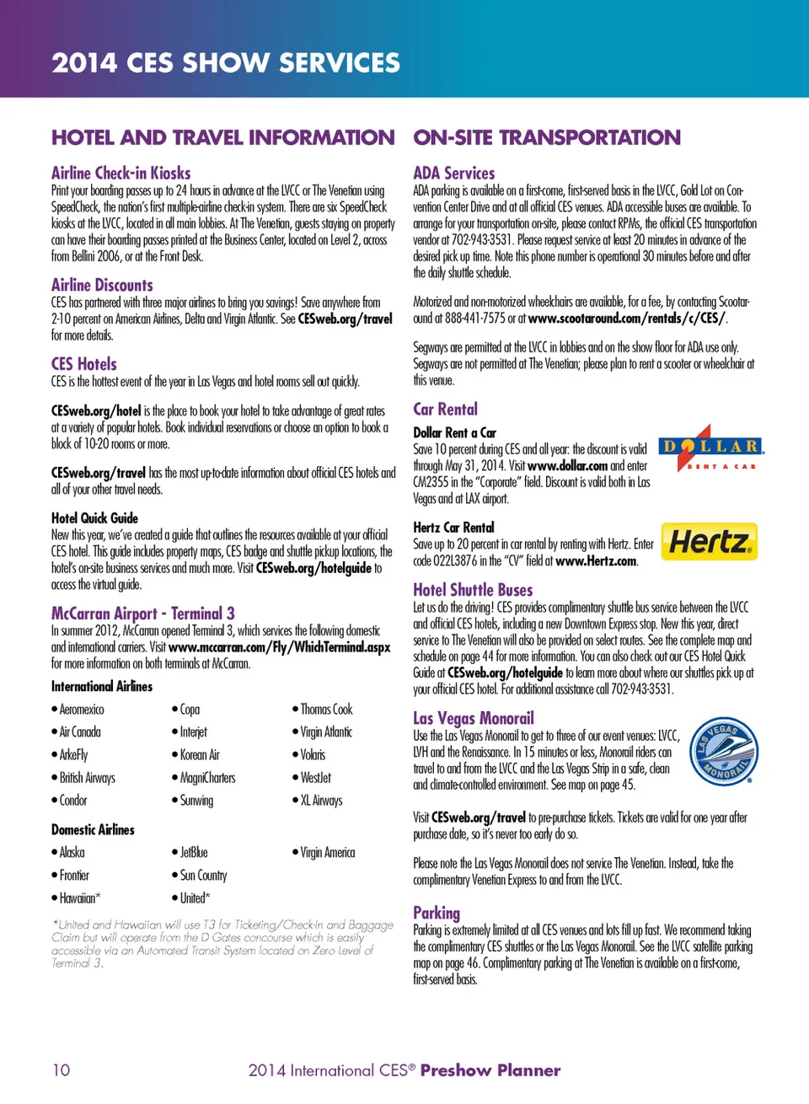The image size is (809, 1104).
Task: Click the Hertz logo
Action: [709, 542]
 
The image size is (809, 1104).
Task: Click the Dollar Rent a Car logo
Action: [710, 448]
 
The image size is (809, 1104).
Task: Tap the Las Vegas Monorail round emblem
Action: [724, 752]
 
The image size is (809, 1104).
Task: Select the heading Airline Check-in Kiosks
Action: [121, 173]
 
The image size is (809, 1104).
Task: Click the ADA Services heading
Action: [453, 173]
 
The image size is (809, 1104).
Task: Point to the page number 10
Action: [61, 1070]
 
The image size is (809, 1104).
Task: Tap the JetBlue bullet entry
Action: [193, 853]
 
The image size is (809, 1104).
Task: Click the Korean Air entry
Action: [199, 755]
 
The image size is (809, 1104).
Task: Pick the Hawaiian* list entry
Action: [79, 898]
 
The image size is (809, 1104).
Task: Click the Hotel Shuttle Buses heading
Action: [473, 590]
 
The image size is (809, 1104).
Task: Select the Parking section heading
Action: [437, 913]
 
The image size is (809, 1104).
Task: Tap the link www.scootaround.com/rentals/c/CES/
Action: [627, 319]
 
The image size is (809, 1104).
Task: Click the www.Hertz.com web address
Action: [596, 561]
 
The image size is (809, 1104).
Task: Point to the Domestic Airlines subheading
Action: [93, 830]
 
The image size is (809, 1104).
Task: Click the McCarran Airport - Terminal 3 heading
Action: [142, 614]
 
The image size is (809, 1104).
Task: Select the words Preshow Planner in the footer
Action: [490, 1070]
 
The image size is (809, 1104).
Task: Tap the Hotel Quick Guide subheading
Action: [94, 518]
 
